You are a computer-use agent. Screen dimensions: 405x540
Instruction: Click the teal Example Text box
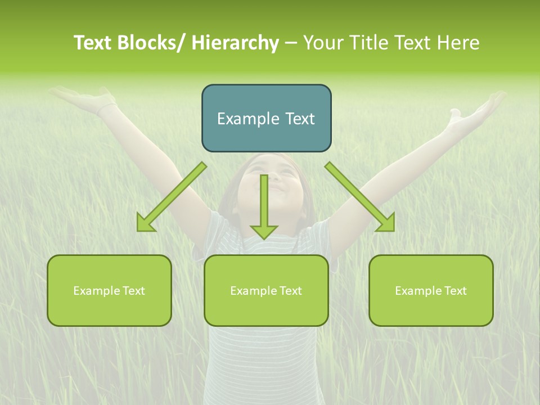pyautogui.click(x=266, y=118)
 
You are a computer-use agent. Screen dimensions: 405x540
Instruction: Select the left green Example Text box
pyautogui.click(x=109, y=290)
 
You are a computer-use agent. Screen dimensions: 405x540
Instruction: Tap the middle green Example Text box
pyautogui.click(x=266, y=290)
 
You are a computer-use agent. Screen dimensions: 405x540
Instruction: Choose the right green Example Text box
pyautogui.click(x=431, y=290)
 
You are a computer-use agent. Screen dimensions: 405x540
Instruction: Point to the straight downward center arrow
pyautogui.click(x=264, y=202)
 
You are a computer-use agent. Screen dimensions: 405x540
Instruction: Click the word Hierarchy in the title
pyautogui.click(x=235, y=43)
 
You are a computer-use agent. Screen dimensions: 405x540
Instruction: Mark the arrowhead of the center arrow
pyautogui.click(x=264, y=231)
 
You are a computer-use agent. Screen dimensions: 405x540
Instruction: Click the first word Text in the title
pyautogui.click(x=92, y=43)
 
